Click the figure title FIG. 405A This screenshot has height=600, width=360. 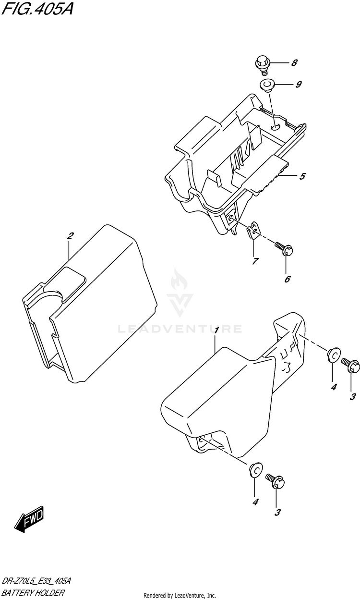pyautogui.click(x=37, y=9)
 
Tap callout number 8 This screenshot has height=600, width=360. pyautogui.click(x=294, y=63)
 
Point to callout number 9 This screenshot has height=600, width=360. pyautogui.click(x=298, y=85)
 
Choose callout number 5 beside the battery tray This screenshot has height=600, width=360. pyautogui.click(x=302, y=176)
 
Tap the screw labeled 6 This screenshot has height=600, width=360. pyautogui.click(x=284, y=248)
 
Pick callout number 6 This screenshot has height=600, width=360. pyautogui.click(x=287, y=279)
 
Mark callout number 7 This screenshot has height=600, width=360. pyautogui.click(x=255, y=261)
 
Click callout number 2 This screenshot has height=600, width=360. pyautogui.click(x=70, y=236)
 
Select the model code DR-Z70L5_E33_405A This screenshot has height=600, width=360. pyautogui.click(x=36, y=581)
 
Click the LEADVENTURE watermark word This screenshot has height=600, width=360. pyautogui.click(x=180, y=329)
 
